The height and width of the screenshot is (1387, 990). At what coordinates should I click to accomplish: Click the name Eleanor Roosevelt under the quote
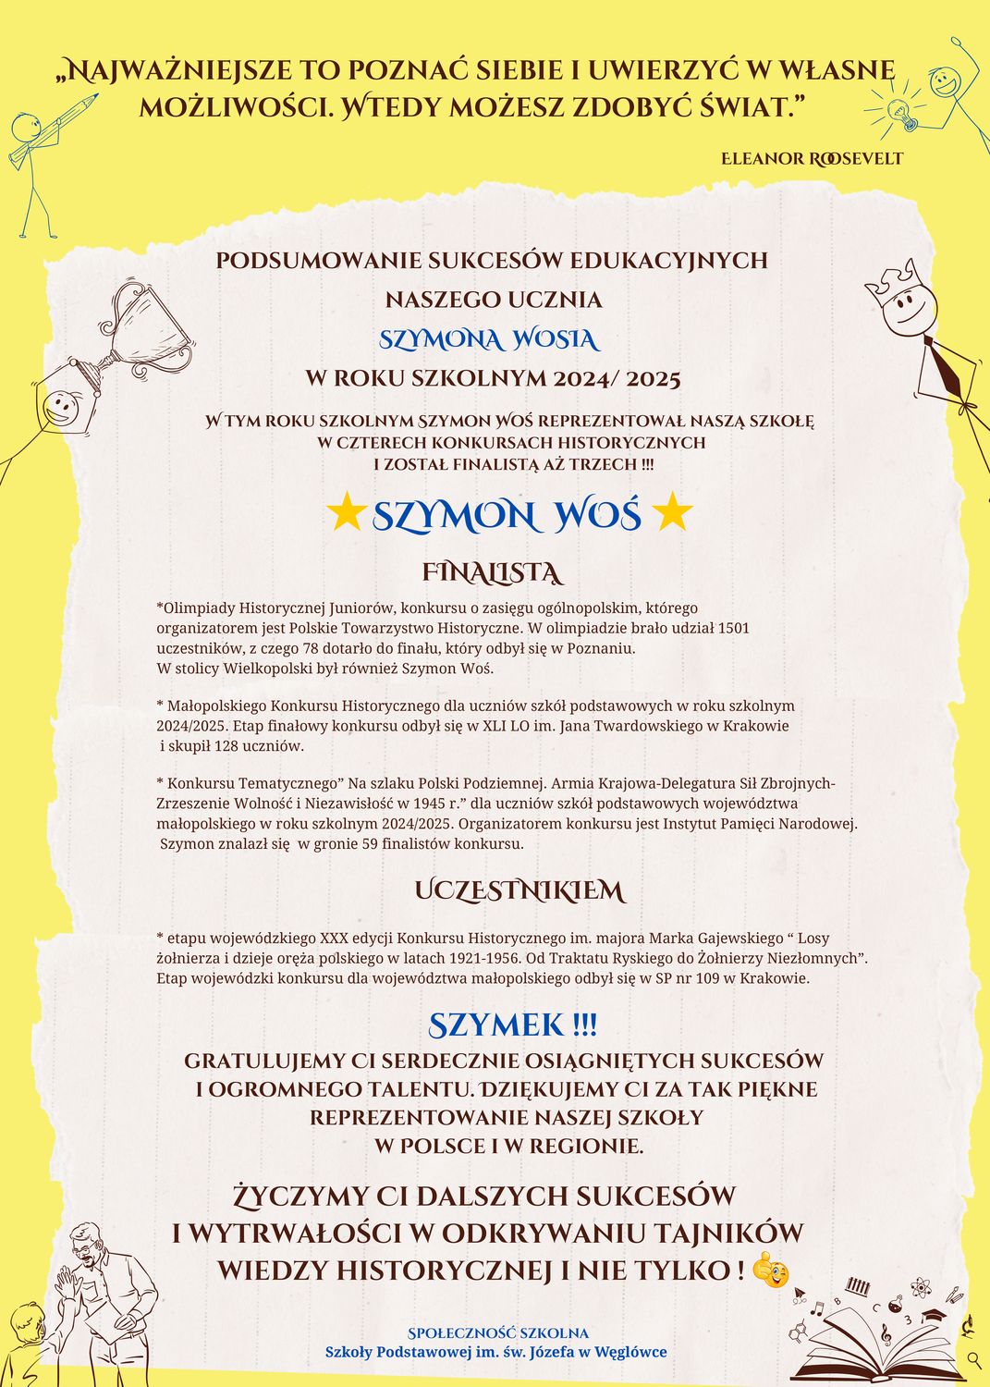pyautogui.click(x=812, y=158)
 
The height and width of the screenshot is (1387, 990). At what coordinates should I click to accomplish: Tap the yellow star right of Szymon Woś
pyautogui.click(x=671, y=513)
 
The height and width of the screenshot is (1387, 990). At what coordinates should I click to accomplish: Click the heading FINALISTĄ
pyautogui.click(x=492, y=573)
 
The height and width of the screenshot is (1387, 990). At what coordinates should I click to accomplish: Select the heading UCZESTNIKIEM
pyautogui.click(x=519, y=891)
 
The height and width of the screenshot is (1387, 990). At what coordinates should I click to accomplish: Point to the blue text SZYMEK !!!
pyautogui.click(x=513, y=1025)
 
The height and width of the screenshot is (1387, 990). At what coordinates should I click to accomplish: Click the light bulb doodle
pyautogui.click(x=900, y=112)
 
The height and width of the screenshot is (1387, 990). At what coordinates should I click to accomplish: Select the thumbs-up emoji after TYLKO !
pyautogui.click(x=770, y=1272)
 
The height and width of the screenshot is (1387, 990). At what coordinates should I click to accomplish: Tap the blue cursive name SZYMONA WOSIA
pyautogui.click(x=489, y=340)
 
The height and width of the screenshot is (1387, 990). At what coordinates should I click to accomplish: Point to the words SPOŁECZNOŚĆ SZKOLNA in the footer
pyautogui.click(x=498, y=1333)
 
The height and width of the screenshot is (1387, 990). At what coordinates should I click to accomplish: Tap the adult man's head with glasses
pyautogui.click(x=88, y=1245)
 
